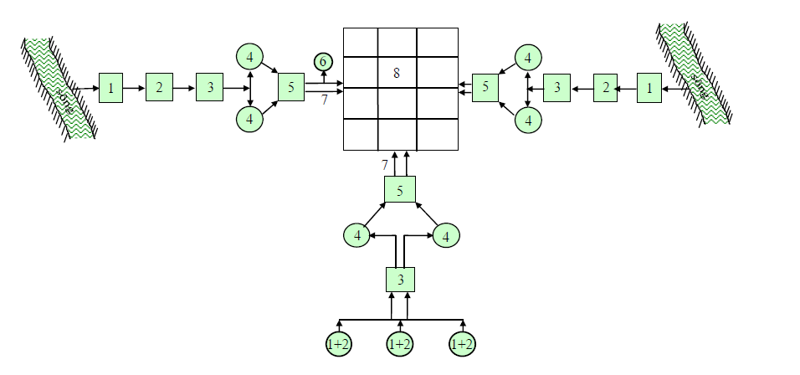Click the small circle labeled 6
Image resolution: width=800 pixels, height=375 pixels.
point(323,60)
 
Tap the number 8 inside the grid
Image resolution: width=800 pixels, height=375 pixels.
point(397,73)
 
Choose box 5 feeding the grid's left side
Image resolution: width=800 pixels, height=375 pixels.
point(290,87)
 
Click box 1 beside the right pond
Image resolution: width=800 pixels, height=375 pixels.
point(649,87)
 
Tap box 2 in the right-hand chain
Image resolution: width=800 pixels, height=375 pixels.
point(605,87)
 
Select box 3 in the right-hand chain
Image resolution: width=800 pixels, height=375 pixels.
point(556,87)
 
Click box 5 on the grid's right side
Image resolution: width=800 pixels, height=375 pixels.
point(485,87)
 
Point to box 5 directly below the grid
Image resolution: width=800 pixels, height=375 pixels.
point(400,190)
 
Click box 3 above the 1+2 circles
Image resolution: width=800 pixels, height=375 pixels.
point(400,280)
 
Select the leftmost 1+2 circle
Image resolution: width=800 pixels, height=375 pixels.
point(339,343)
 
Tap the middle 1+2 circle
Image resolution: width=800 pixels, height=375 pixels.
point(400,343)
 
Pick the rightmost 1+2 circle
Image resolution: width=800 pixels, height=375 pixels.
point(462,343)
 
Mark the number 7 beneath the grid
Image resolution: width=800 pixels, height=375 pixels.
point(385,165)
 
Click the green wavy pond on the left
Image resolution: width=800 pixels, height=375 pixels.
point(59,88)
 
